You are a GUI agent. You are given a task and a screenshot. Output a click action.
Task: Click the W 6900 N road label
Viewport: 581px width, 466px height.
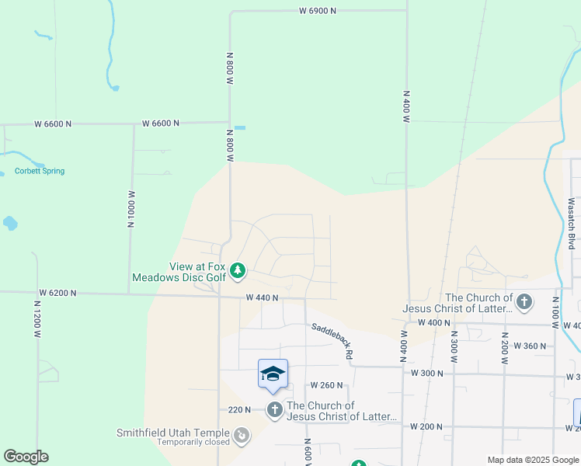pos(317,11)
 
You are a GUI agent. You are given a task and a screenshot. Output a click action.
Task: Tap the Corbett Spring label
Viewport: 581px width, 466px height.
pos(40,171)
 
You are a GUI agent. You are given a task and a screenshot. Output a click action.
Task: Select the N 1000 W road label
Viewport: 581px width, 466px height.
pos(131,209)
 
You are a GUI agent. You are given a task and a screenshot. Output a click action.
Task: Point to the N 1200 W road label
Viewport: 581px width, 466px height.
pos(37,320)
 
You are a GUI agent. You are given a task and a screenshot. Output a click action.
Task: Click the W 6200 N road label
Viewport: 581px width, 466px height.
pos(57,293)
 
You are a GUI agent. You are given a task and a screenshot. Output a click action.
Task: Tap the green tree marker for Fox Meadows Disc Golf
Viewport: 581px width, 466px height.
pos(238,270)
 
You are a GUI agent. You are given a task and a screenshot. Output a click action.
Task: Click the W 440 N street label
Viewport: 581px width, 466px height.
pos(262,297)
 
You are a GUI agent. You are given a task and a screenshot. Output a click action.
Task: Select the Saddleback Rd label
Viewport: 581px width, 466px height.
pos(332,341)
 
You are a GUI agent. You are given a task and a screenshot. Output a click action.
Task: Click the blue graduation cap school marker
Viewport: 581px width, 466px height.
pos(273,374)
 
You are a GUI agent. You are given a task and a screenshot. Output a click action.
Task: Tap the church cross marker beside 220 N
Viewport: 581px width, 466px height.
pos(274,409)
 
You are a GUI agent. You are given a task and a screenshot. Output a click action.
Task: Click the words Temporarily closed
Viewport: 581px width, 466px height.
pos(193,443)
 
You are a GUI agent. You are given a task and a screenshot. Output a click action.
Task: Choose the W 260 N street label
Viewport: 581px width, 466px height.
pos(326,384)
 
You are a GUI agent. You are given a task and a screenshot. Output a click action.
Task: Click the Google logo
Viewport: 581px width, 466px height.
pos(26,457)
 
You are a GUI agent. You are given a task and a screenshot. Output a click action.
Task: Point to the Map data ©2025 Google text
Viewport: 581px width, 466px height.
pos(532,460)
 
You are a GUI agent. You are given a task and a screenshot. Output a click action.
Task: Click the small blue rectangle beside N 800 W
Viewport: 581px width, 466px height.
pos(240,127)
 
